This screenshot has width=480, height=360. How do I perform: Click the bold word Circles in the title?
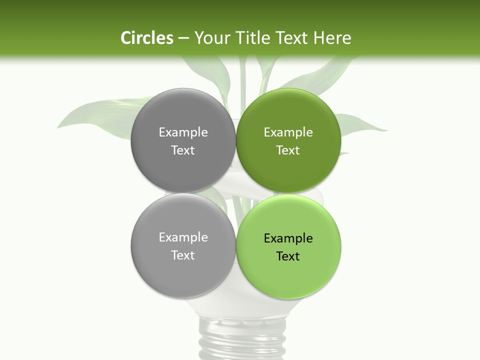(146, 38)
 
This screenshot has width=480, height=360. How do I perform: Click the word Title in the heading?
(254, 38)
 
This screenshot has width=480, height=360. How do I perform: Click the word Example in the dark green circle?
(288, 132)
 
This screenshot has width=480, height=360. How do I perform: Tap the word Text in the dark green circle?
(288, 150)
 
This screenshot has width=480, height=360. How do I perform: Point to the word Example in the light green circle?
(288, 238)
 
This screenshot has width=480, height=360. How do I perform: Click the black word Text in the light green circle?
(288, 256)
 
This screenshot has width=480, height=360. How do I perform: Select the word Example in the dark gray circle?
(183, 132)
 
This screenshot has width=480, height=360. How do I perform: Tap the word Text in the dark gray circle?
(183, 150)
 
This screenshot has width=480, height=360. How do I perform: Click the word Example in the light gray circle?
(183, 237)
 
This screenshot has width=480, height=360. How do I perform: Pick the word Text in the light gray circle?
(183, 255)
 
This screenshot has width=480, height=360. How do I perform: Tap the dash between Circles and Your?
(183, 38)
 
